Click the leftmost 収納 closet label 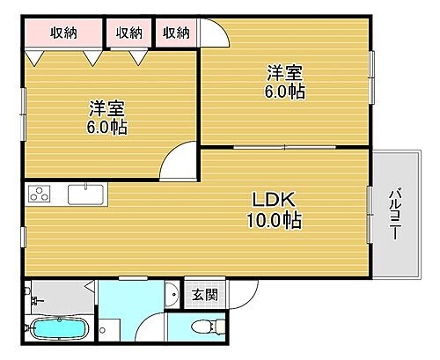62,33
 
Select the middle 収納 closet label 128,33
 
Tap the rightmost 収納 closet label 176,33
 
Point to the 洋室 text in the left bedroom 106,109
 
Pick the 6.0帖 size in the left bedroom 106,128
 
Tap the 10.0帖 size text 273,221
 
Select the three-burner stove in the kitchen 42,194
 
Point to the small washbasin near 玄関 171,293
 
